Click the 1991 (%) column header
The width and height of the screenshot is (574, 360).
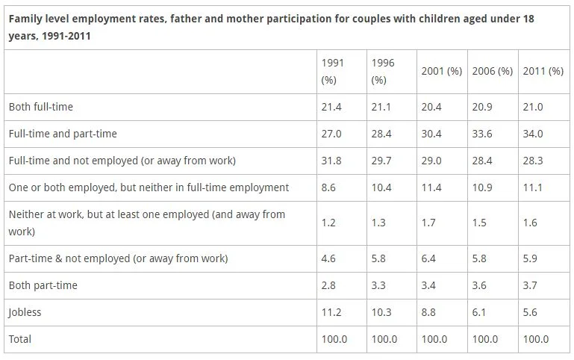click(x=331, y=71)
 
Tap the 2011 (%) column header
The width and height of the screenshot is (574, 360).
click(x=543, y=71)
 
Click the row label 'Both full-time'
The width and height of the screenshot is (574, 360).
click(x=41, y=107)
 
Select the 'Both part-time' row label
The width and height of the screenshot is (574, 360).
click(x=43, y=285)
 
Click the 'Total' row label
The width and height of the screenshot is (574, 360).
click(x=21, y=339)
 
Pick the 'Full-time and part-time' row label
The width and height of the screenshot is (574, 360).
click(x=63, y=134)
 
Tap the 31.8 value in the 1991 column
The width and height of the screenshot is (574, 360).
click(x=331, y=161)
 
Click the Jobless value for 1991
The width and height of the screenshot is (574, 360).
click(x=331, y=312)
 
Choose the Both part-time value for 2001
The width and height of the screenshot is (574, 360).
click(x=429, y=285)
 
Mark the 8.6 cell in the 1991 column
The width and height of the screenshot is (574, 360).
click(x=328, y=187)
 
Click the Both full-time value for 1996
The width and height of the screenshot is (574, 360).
click(x=381, y=107)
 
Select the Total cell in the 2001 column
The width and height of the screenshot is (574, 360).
click(x=434, y=339)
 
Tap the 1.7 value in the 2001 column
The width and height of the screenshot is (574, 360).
click(x=429, y=223)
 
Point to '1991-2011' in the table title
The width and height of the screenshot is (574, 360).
click(x=65, y=35)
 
